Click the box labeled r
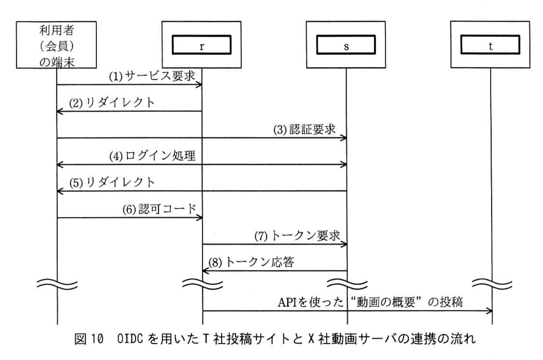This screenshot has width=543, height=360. [x=201, y=45]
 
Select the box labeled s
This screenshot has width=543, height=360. [x=346, y=45]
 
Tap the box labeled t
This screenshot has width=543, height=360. [x=490, y=45]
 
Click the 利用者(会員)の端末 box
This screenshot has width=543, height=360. [x=56, y=45]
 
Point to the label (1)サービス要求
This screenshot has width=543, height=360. [x=152, y=76]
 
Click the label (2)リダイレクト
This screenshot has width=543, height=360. [x=112, y=103]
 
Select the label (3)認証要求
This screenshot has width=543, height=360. [x=304, y=130]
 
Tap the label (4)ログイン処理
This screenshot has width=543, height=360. [x=152, y=156]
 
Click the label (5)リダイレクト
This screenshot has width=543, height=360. [x=112, y=183]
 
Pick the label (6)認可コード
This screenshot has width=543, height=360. [x=159, y=209]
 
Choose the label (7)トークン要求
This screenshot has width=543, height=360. [x=297, y=236]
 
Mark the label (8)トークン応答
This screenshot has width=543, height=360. [x=251, y=262]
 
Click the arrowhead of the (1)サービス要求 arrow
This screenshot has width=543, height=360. [x=200, y=85]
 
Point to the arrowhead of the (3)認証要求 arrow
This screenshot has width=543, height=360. [x=344, y=138]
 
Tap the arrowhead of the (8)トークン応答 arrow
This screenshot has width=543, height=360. [x=205, y=271]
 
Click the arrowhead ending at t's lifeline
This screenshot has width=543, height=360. [x=489, y=311]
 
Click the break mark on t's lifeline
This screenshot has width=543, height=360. [x=492, y=284]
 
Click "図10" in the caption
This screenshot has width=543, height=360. [x=89, y=339]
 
